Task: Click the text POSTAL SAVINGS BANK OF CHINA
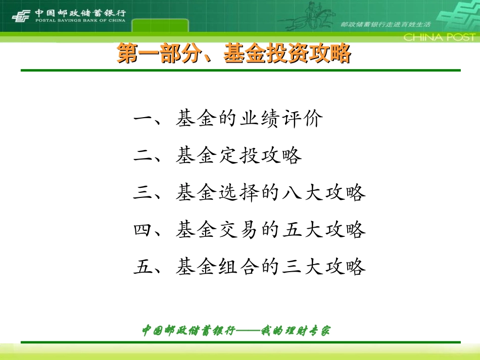[x=80, y=21]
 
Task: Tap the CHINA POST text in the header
[x=439, y=37]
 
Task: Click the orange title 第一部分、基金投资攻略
[x=233, y=54]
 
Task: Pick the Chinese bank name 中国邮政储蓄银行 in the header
[x=80, y=13]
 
